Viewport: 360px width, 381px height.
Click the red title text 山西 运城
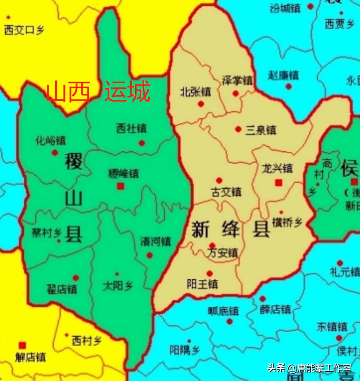(x=98, y=92)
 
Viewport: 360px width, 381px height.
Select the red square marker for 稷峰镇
(x=120, y=186)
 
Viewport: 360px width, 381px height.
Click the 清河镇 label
(x=155, y=241)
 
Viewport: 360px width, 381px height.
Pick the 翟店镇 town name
(x=62, y=289)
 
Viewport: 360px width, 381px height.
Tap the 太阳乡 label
(x=118, y=286)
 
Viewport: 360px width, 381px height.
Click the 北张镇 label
(x=195, y=92)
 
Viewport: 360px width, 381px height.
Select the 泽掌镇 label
(x=237, y=80)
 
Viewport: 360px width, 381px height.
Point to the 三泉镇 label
(x=261, y=130)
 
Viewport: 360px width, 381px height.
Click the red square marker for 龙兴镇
(x=278, y=183)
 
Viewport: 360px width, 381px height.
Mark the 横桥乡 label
(x=287, y=223)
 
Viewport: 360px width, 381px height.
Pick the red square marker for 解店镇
(x=22, y=345)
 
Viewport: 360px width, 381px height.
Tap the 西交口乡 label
(x=24, y=30)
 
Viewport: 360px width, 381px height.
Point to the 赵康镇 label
(x=284, y=75)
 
